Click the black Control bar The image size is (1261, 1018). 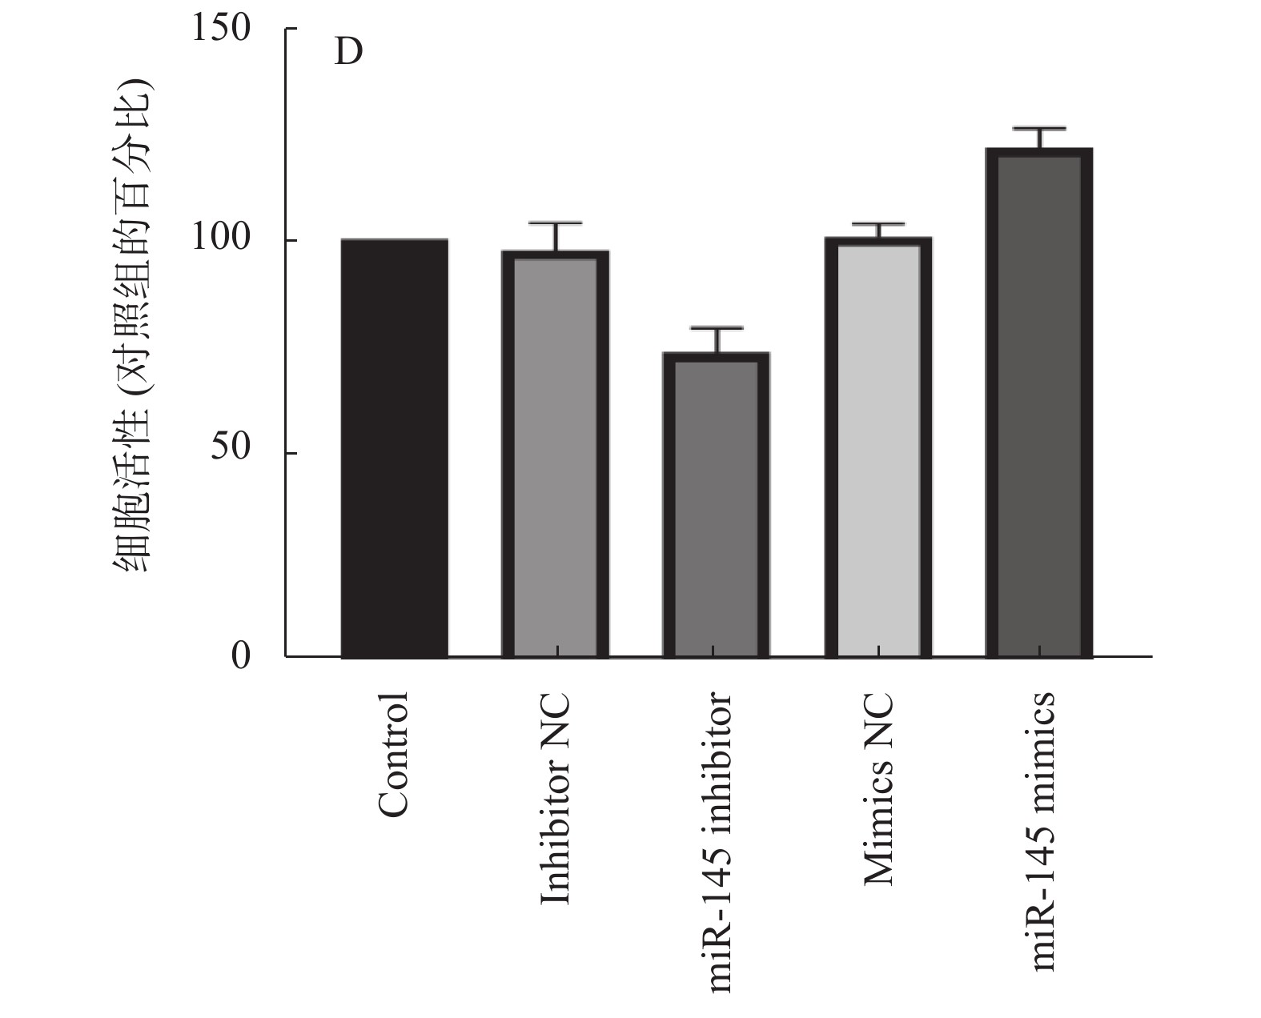tap(394, 448)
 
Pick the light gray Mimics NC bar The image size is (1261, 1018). tap(878, 448)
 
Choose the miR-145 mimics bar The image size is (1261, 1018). tap(1039, 403)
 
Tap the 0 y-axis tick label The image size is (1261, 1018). tap(241, 656)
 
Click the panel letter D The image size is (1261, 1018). tap(348, 53)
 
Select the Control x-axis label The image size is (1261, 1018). tap(393, 755)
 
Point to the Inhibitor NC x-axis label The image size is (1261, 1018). tap(556, 799)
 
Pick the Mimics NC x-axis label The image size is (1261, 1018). tap(878, 788)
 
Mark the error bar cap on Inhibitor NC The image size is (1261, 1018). tap(556, 223)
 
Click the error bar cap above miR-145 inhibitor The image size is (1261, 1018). tap(717, 328)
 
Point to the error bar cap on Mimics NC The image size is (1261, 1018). tap(878, 224)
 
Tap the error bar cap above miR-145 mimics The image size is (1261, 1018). tap(1039, 128)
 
